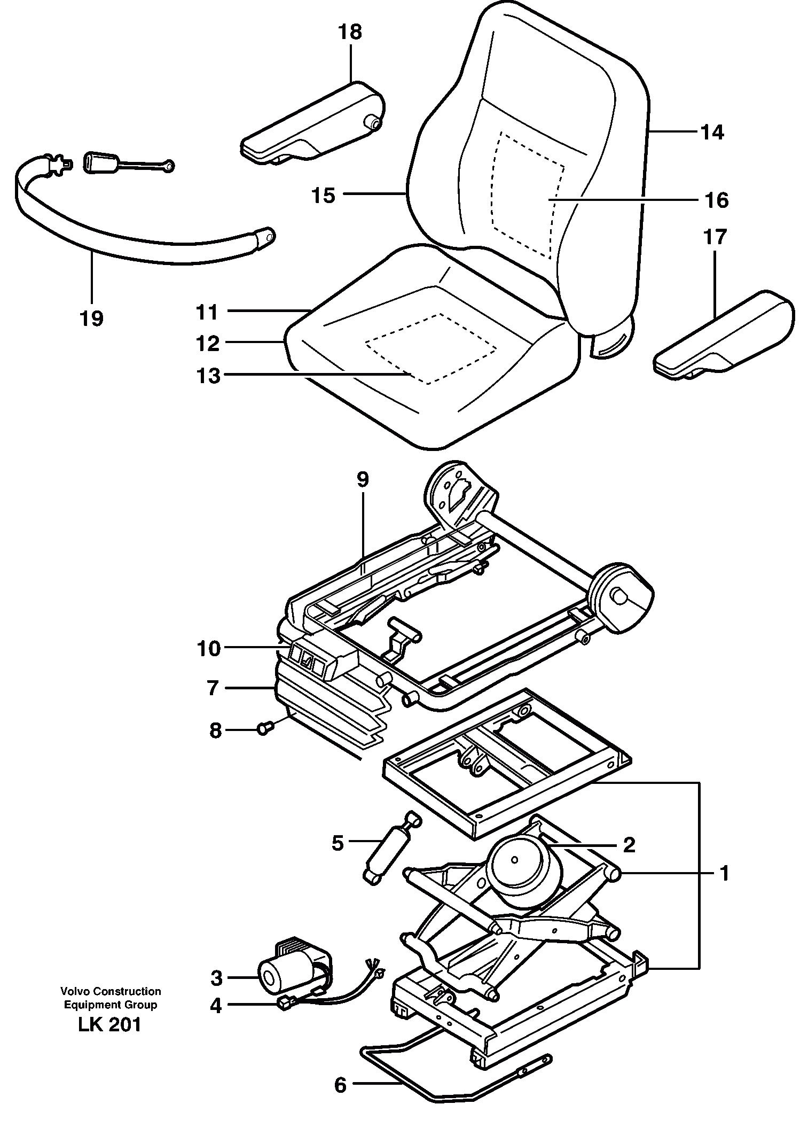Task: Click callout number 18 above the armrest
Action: (x=350, y=32)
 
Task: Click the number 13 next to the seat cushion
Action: (x=208, y=376)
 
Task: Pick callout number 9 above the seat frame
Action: (x=362, y=479)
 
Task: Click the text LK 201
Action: (x=109, y=1024)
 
